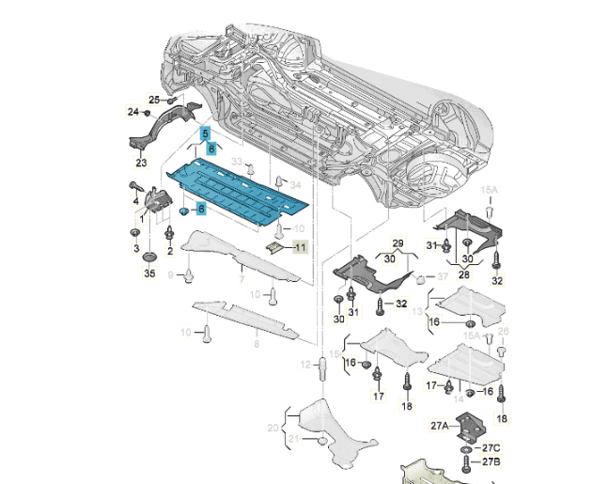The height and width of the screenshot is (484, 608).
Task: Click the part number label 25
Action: coord(154,100)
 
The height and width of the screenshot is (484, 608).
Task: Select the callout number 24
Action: coord(133,113)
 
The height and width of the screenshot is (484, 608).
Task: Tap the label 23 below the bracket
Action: coord(141,162)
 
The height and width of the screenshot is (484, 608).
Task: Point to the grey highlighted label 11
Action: coord(300,247)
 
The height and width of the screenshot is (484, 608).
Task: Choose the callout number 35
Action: coord(148,273)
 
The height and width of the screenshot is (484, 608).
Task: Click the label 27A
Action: coord(439,426)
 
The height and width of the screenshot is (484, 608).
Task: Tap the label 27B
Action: coord(492,462)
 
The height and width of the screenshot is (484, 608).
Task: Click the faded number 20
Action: coord(273,428)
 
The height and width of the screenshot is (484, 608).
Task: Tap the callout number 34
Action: coord(294,184)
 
